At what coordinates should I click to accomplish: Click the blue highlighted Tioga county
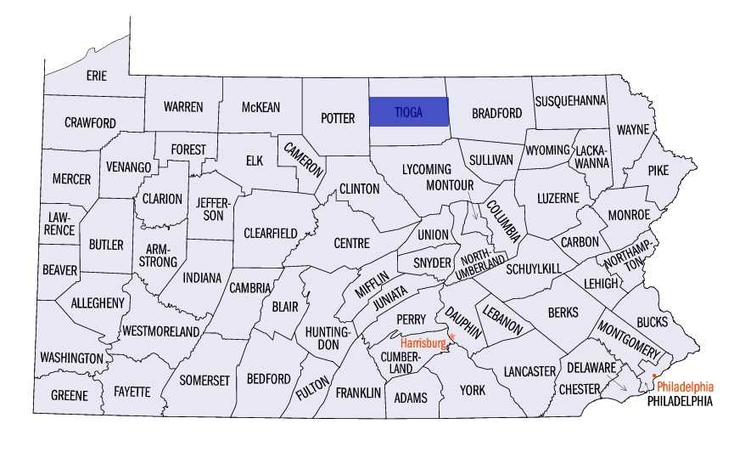click(408, 111)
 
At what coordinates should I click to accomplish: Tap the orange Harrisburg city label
click(422, 343)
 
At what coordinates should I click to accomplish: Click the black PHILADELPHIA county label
click(680, 400)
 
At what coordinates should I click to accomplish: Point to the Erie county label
click(97, 76)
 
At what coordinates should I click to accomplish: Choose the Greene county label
click(69, 396)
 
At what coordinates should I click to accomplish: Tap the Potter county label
click(337, 118)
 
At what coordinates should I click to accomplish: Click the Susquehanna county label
click(570, 100)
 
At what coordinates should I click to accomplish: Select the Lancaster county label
click(529, 371)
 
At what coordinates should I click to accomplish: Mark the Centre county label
click(351, 243)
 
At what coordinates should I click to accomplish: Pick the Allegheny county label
click(98, 302)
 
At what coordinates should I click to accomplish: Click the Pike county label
click(658, 170)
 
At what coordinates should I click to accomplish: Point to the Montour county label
click(449, 184)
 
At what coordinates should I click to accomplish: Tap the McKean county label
click(260, 107)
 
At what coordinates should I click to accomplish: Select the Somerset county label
click(205, 381)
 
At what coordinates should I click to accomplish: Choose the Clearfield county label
click(270, 233)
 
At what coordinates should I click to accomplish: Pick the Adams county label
click(406, 398)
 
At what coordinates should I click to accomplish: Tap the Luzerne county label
click(558, 198)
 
